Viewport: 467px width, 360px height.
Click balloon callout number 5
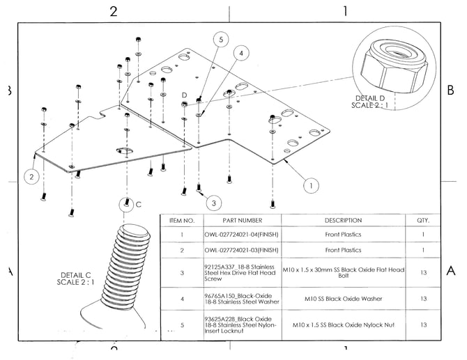pyautogui.click(x=220, y=40)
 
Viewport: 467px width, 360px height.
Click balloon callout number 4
pyautogui.click(x=240, y=53)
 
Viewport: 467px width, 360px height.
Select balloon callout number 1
pyautogui.click(x=311, y=185)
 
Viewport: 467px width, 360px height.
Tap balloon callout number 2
pyautogui.click(x=31, y=177)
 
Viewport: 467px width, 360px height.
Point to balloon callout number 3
pyautogui.click(x=214, y=203)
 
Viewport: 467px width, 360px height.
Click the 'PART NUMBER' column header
pyautogui.click(x=241, y=220)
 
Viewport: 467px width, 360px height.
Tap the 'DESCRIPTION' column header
pyautogui.click(x=343, y=220)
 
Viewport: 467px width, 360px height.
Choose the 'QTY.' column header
pyautogui.click(x=423, y=220)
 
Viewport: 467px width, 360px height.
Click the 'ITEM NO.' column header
pyautogui.click(x=182, y=220)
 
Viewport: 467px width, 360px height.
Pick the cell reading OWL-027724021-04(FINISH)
pyautogui.click(x=241, y=235)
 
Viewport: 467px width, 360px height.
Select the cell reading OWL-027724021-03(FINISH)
pyautogui.click(x=241, y=250)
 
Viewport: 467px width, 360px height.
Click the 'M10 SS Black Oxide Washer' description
pyautogui.click(x=343, y=299)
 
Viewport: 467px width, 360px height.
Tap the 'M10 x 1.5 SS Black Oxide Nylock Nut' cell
pyautogui.click(x=343, y=324)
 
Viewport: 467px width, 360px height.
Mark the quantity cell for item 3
pyautogui.click(x=423, y=273)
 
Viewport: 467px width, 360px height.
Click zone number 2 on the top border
pyautogui.click(x=113, y=11)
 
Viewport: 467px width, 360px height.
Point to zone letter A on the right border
pyautogui.click(x=450, y=271)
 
